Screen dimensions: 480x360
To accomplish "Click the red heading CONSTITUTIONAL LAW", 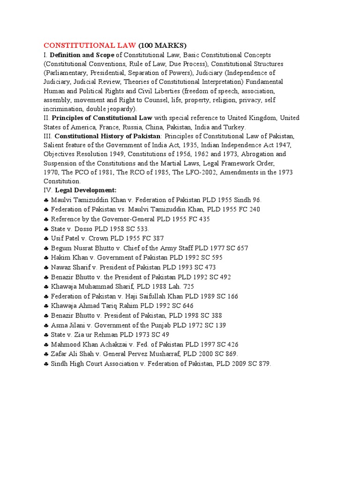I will pyautogui.click(x=90, y=45).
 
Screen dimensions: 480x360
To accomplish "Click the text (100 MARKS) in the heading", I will pyautogui.click(x=162, y=45).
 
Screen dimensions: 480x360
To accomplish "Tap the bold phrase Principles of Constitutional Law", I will pyautogui.click(x=102, y=118).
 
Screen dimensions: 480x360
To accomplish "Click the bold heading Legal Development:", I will pyautogui.click(x=86, y=190).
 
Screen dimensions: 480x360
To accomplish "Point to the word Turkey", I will pyautogui.click(x=234, y=127).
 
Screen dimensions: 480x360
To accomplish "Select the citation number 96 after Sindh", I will pyautogui.click(x=257, y=200).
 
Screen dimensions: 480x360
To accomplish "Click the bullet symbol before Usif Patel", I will pyautogui.click(x=46, y=239).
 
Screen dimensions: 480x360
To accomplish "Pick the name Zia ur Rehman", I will pyautogui.click(x=96, y=335).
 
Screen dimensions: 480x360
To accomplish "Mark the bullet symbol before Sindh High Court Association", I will pyautogui.click(x=46, y=364).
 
